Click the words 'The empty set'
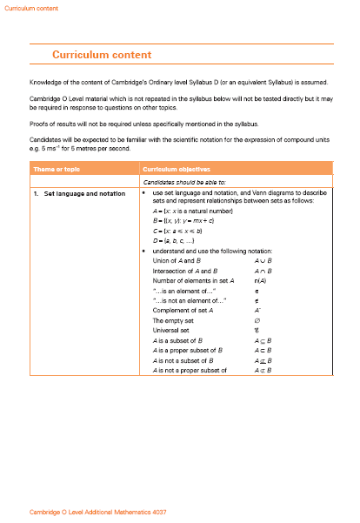pos(172,320)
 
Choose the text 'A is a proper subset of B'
pos(189,351)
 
